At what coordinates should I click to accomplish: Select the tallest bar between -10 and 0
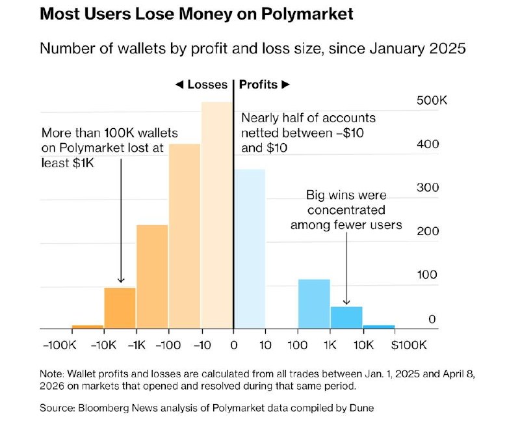(217, 215)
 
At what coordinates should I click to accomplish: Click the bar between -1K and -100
(152, 277)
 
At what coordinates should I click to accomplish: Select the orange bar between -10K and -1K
(120, 308)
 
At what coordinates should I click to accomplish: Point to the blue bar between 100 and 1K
(314, 304)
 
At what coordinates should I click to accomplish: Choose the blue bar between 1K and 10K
(346, 318)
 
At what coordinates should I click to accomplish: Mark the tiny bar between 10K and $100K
(379, 327)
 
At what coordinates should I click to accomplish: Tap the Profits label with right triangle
(265, 85)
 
